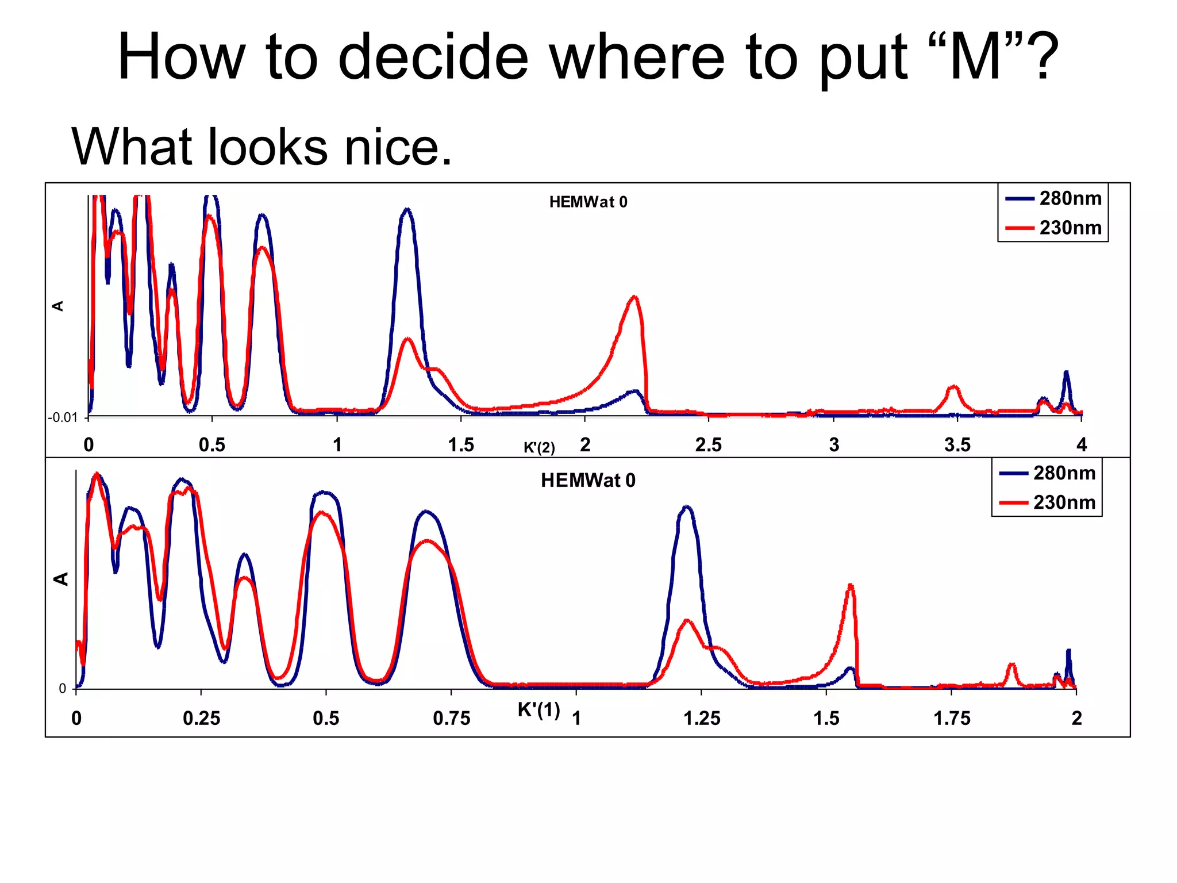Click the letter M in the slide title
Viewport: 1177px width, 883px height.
click(975, 57)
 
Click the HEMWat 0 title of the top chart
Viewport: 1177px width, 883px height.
click(588, 202)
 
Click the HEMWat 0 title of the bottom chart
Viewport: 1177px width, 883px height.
click(588, 481)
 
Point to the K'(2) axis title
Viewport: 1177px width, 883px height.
click(539, 447)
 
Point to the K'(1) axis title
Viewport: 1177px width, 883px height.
click(539, 710)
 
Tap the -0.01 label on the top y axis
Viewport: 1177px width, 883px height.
click(63, 417)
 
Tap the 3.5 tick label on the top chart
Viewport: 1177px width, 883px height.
click(957, 445)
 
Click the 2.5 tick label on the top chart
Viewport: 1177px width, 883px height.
click(708, 445)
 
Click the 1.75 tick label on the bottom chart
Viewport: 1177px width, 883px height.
click(952, 719)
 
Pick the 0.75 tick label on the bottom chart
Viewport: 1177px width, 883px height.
click(451, 719)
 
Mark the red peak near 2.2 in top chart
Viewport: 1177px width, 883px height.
click(634, 298)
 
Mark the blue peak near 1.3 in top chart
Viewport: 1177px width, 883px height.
click(407, 210)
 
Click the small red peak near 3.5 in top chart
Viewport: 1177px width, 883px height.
click(953, 387)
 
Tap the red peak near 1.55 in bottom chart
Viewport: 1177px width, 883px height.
click(851, 586)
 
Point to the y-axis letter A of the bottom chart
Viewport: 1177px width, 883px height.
click(61, 579)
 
